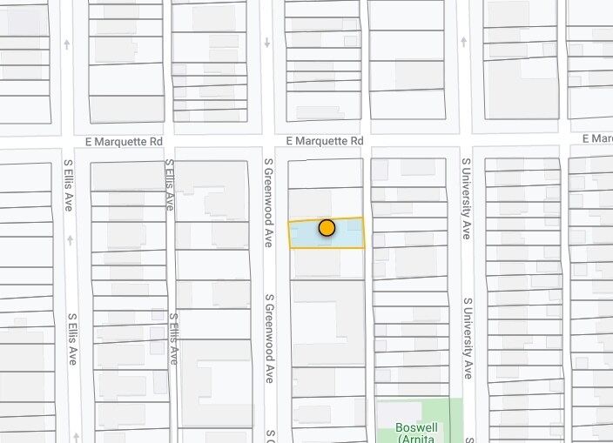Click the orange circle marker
pos(327,228)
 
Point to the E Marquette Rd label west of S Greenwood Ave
pos(124,141)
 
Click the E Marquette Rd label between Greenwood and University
pos(324,141)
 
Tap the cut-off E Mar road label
pos(597,138)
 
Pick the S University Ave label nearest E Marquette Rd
pos(467,198)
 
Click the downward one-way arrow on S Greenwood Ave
pos(268,44)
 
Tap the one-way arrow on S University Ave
pos(464,41)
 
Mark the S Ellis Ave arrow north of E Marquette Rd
pos(68,44)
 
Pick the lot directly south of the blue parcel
pos(327,264)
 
